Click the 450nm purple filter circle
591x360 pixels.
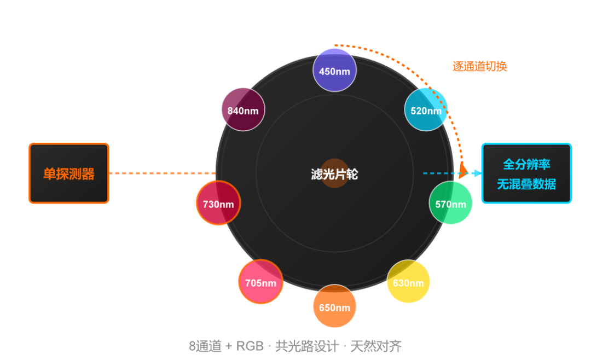click(334, 70)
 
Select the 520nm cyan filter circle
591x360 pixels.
click(426, 109)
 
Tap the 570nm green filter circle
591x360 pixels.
click(450, 203)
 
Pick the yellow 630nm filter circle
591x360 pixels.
click(408, 281)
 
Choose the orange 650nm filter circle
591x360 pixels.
click(334, 306)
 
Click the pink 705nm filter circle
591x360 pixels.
click(261, 282)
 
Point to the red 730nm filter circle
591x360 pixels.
click(218, 203)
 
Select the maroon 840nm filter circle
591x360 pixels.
click(243, 109)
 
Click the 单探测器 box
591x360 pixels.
click(69, 173)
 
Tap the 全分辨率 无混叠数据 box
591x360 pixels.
click(526, 173)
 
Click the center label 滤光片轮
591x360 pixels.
click(334, 174)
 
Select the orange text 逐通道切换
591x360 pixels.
click(479, 66)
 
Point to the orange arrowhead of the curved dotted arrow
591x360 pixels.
click(463, 170)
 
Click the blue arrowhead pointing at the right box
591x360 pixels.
click(477, 173)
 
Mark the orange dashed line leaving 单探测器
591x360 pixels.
click(163, 173)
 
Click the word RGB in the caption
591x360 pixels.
click(250, 346)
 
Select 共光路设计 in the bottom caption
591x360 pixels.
click(307, 346)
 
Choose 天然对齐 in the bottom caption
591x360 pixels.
click(376, 346)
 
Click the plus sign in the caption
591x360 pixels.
click(229, 346)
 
